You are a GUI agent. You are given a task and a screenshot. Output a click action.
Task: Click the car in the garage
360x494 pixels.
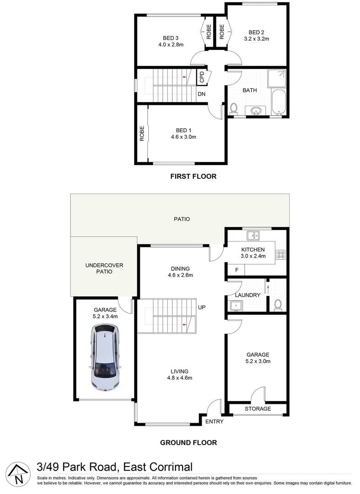pyautogui.click(x=105, y=357)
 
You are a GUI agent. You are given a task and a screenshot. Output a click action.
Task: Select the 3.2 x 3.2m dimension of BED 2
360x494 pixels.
pyautogui.click(x=256, y=39)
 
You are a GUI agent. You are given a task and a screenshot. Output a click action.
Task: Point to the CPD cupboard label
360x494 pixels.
pyautogui.click(x=202, y=77)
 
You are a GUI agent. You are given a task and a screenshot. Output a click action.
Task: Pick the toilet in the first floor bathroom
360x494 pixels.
pyautogui.click(x=234, y=109)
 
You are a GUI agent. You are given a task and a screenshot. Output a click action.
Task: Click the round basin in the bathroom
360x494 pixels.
pyautogui.click(x=256, y=110)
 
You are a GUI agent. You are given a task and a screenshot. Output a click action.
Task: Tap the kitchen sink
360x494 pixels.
pyautogui.click(x=253, y=236)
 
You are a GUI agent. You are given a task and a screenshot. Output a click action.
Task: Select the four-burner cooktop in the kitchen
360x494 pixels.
pyautogui.click(x=281, y=254)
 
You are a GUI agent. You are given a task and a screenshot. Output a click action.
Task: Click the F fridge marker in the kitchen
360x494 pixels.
pyautogui.click(x=236, y=270)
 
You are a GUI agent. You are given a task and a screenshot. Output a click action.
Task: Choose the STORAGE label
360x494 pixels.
pyautogui.click(x=258, y=409)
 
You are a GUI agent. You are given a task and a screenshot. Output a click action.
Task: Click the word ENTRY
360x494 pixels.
pyautogui.click(x=214, y=422)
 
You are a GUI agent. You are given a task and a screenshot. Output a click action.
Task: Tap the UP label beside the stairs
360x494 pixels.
pyautogui.click(x=202, y=307)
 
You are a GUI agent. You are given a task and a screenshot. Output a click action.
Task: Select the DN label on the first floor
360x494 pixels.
pyautogui.click(x=201, y=95)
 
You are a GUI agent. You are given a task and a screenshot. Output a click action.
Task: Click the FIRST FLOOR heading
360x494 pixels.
pyautogui.click(x=193, y=176)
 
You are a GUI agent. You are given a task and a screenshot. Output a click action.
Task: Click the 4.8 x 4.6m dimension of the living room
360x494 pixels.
pyautogui.click(x=179, y=378)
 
